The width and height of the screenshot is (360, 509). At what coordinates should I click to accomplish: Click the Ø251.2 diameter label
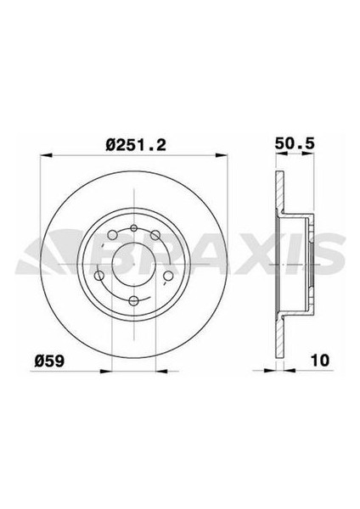[x=134, y=144]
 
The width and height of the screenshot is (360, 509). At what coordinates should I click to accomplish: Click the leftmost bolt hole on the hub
[x=99, y=274]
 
